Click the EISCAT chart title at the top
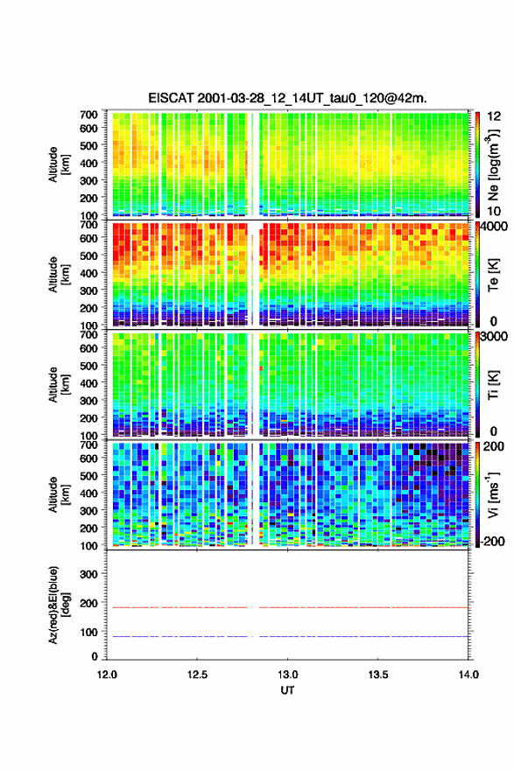[287, 98]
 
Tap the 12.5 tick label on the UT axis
[197, 675]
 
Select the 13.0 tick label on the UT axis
[287, 675]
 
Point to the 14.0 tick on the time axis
[468, 675]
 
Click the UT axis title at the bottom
[287, 690]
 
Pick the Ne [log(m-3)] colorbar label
[494, 164]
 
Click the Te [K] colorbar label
[493, 276]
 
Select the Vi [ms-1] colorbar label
[493, 495]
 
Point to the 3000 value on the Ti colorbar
[495, 336]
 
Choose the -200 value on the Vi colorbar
[490, 542]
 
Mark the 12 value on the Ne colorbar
[494, 116]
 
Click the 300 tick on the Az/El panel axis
[88, 574]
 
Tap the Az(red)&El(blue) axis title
[58, 605]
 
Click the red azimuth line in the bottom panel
[287, 607]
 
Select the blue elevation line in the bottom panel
[287, 636]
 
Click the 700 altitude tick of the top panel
[88, 115]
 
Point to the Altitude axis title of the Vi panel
[58, 495]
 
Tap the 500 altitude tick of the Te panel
[88, 255]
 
